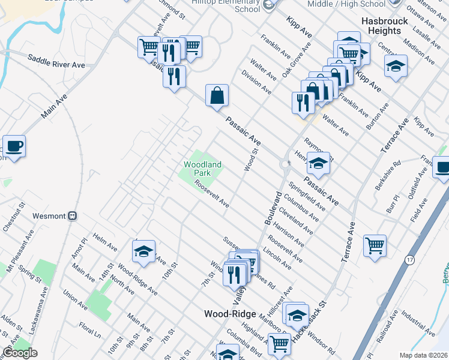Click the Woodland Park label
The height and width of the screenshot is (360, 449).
coord(202,168)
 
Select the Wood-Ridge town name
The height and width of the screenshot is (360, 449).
coord(230,314)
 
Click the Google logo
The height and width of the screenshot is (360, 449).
coord(20,353)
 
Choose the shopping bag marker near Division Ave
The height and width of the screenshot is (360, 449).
coord(217,95)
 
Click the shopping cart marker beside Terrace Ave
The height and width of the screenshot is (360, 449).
coord(375,245)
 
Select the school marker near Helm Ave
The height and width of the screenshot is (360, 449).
coord(143,251)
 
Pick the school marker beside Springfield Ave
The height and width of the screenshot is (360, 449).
coord(318,163)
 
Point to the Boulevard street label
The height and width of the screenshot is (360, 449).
coord(273,208)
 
